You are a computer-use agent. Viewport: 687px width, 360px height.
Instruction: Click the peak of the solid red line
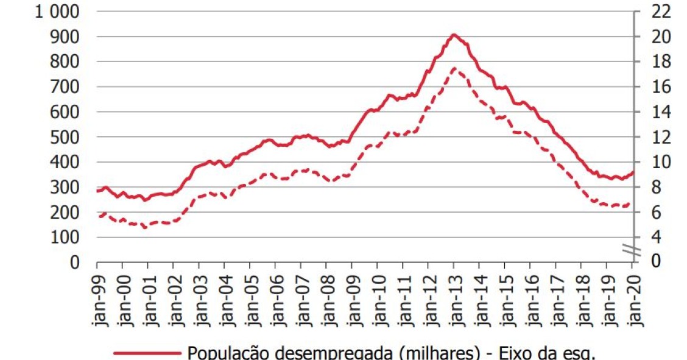click(x=454, y=35)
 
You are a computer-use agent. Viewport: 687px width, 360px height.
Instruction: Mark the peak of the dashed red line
click(x=454, y=68)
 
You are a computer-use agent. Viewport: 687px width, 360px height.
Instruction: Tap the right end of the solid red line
click(x=633, y=172)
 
